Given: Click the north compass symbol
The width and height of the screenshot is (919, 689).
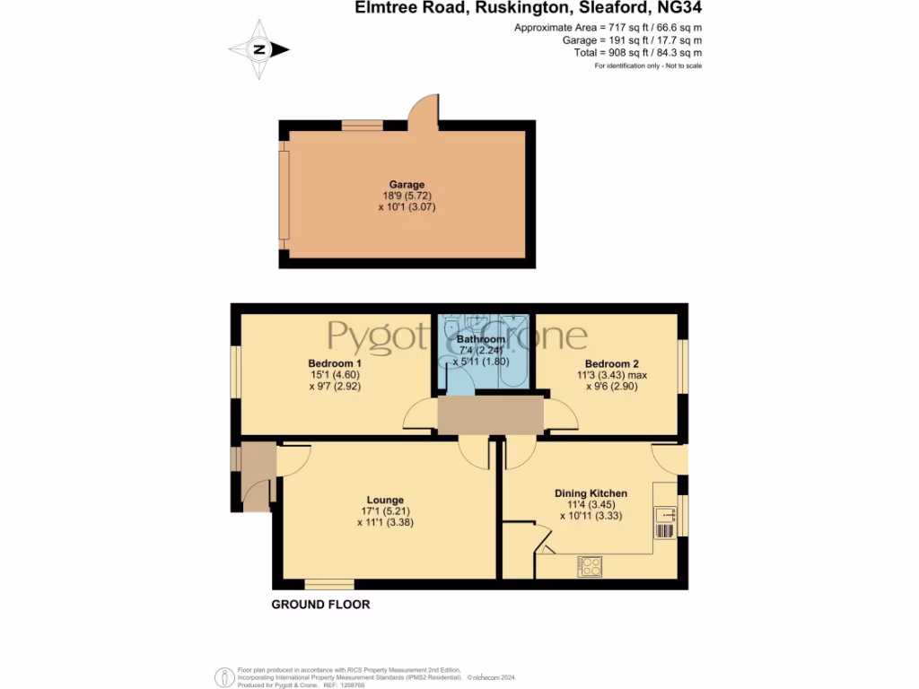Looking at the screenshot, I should [x=258, y=49].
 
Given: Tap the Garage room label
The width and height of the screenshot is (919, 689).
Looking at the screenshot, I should [x=407, y=185].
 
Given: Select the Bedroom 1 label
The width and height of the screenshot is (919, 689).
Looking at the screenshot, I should [x=327, y=363].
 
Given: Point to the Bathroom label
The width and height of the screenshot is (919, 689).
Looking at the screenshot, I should [x=480, y=340].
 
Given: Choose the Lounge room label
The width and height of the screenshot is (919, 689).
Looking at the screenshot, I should [x=385, y=501].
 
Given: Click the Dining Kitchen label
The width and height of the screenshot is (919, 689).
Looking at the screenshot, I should [x=591, y=493].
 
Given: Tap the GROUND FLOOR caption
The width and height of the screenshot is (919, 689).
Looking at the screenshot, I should [x=320, y=605].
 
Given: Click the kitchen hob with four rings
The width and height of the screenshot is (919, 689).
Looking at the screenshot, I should [x=591, y=566].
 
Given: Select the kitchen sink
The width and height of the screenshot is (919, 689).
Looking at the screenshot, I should [x=665, y=515].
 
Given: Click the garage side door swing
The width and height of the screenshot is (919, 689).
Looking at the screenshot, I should [x=422, y=109].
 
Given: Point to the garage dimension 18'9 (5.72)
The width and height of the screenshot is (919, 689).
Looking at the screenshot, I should [x=407, y=196].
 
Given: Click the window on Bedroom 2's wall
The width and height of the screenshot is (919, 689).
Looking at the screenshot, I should [x=683, y=366].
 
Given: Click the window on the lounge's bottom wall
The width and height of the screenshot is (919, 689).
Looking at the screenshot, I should [x=329, y=585].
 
